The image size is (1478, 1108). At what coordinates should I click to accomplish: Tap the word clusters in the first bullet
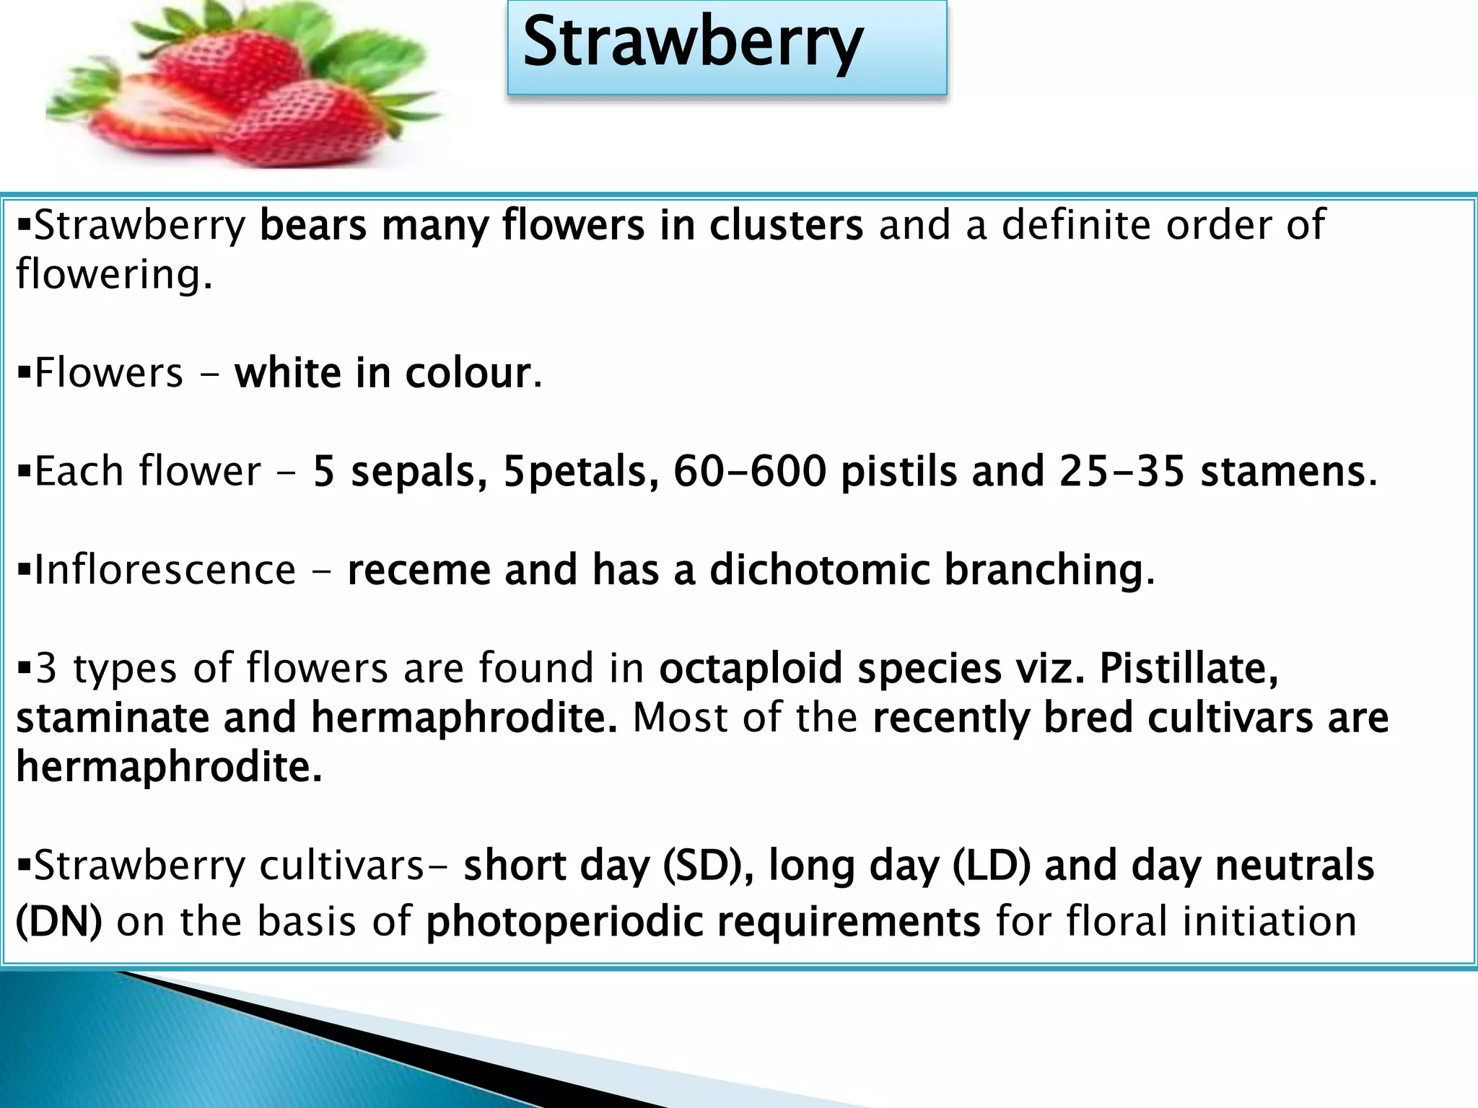coord(786,226)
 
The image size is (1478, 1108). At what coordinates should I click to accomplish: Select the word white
coord(287,374)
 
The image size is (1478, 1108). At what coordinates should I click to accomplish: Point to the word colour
coord(468,374)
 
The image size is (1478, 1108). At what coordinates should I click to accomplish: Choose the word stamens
coord(1282,472)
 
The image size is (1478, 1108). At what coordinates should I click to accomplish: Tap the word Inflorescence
coord(165,570)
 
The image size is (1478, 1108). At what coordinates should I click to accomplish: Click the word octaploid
coord(751,669)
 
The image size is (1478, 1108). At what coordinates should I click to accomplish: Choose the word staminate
coord(112,718)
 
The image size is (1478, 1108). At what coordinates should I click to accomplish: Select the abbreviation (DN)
coord(59,922)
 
